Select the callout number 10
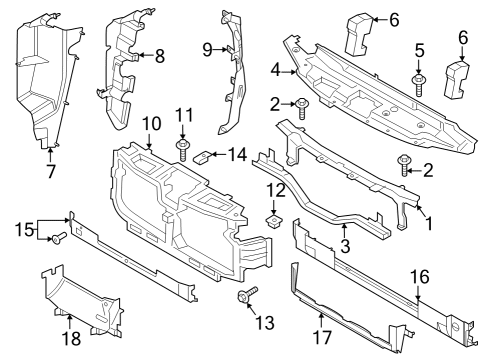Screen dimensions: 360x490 tap(150, 123)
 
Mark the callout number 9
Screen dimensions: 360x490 tap(208, 49)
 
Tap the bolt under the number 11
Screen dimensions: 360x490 tap(184, 151)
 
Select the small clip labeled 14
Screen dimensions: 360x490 tap(203, 155)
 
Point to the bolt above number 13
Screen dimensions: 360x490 tap(246, 297)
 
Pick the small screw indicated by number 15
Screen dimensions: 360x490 tap(60, 238)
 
